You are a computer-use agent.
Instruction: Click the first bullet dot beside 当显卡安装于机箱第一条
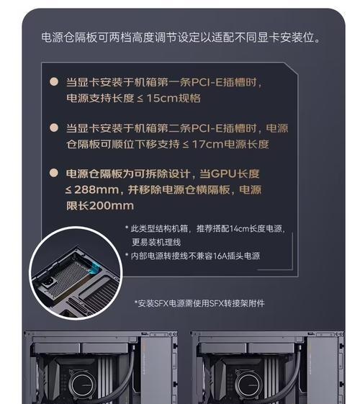coord(54,81)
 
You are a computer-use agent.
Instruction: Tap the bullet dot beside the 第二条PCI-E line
coord(54,127)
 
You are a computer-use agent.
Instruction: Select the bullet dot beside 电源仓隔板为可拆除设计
coord(54,173)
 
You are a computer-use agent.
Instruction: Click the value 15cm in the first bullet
coord(162,98)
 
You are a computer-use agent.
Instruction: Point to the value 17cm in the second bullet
coord(208,144)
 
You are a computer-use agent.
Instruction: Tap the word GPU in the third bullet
coord(223,174)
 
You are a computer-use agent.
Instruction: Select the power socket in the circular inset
coord(48,282)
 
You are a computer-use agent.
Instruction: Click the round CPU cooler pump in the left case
coord(82,385)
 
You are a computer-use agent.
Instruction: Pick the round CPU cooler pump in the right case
coord(248,385)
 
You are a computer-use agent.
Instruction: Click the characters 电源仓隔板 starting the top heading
coord(69,37)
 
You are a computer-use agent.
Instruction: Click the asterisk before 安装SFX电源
coord(136,302)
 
